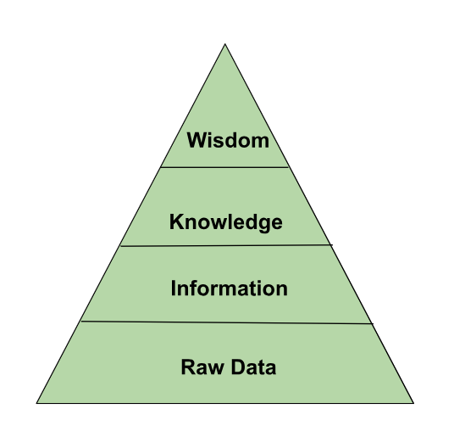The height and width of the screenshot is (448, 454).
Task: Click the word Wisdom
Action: point(228,140)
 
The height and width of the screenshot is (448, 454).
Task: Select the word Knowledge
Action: point(226,222)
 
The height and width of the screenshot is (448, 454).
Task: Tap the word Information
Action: point(229,288)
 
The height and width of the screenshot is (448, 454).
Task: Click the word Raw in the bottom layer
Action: point(202,367)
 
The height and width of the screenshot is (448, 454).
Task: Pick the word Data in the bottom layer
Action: point(253,367)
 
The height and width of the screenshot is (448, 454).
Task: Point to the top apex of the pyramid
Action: point(225,44)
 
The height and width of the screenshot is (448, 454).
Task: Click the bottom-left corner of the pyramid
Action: point(36,403)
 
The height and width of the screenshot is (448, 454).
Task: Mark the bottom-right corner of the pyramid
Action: point(413,403)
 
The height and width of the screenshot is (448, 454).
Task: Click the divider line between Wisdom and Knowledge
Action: point(224,167)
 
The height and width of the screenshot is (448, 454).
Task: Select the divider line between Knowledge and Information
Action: point(226,245)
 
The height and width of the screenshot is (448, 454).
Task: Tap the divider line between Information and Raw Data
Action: point(227,322)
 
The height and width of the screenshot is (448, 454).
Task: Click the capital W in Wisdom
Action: point(197,140)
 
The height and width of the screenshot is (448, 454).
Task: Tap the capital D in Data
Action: point(239,367)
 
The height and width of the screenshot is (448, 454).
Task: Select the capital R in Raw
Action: point(189,367)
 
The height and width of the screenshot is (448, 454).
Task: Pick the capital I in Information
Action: point(173,288)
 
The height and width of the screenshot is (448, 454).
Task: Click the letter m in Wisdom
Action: point(259,142)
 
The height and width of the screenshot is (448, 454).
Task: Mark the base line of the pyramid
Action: point(225,403)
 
